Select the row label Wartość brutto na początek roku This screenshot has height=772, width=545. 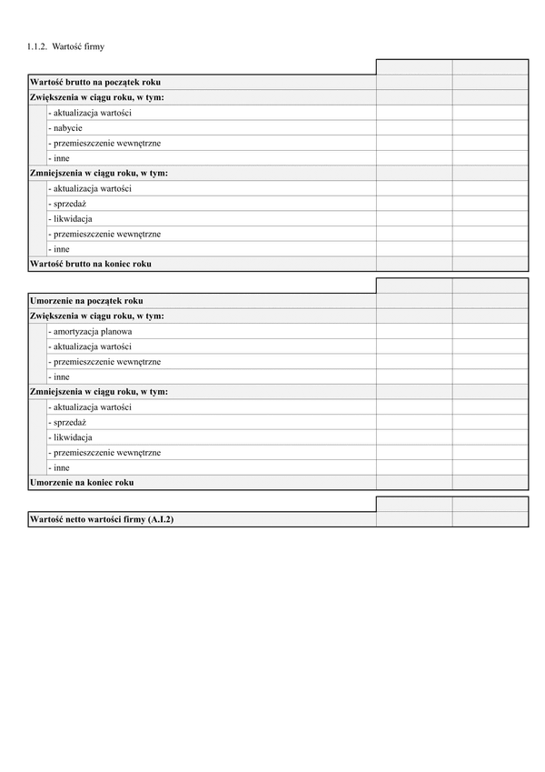tap(95, 83)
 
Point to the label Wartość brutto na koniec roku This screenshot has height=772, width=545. tap(90, 264)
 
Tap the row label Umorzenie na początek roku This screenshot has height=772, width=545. tap(86, 301)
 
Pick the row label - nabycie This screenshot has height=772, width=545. tap(67, 128)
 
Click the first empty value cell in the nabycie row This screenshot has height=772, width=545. tap(413, 128)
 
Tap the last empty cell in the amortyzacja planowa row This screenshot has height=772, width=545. tap(490, 332)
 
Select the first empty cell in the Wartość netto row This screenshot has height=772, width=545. tap(413, 519)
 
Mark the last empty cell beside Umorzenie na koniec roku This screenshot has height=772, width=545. tap(490, 483)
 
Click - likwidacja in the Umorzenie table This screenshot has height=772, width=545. tap(72, 437)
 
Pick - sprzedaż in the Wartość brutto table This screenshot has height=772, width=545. tap(69, 204)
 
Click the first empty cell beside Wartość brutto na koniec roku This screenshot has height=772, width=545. tap(413, 264)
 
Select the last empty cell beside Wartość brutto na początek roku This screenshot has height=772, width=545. tap(490, 83)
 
